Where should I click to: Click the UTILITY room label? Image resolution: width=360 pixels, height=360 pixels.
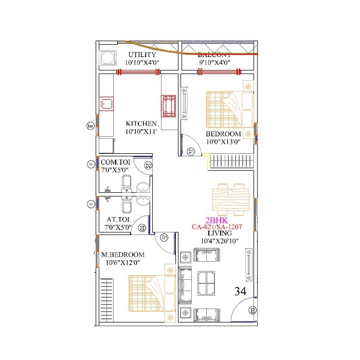point(142,54)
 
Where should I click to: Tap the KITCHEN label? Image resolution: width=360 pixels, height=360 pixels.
point(141,123)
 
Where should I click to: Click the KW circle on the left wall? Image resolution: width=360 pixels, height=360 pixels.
point(91,126)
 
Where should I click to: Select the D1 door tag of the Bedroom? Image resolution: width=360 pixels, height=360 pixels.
point(191,151)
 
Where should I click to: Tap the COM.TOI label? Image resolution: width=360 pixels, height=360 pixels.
point(116,162)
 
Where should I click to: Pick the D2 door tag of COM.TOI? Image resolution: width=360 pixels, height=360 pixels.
point(148,166)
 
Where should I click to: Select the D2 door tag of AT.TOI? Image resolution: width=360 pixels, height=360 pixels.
point(142,228)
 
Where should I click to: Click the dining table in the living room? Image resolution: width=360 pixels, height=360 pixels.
point(231,199)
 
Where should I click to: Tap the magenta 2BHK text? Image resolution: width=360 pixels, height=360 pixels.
point(217,219)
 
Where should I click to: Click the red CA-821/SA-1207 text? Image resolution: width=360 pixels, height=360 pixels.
point(217,226)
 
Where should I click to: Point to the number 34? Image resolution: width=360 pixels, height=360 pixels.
point(240,291)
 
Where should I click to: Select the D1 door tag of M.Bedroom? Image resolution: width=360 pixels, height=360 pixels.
point(165,237)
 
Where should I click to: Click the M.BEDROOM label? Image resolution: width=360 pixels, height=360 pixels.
point(122,255)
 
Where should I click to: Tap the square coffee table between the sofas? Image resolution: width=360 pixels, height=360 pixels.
point(207,283)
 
